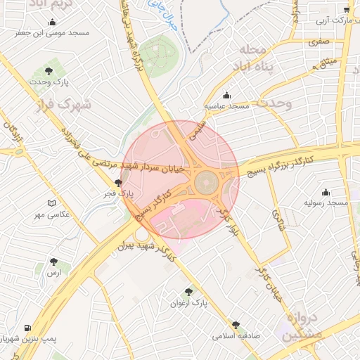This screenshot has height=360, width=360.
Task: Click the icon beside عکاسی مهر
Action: tap(51, 203)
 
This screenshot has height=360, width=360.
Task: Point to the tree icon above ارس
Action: tap(53, 261)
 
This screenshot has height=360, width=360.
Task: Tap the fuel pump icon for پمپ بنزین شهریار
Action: tap(27, 328)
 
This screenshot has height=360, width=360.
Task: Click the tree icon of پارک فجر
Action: tap(118, 181)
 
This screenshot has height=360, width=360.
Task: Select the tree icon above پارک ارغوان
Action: tap(188, 292)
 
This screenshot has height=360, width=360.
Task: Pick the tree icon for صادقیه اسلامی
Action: tap(235, 325)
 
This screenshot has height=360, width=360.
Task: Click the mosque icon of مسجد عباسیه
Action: tap(226, 95)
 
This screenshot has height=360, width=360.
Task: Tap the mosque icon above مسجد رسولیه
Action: tap(326, 192)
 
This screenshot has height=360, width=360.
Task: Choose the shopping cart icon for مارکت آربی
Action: tap(346, 10)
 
